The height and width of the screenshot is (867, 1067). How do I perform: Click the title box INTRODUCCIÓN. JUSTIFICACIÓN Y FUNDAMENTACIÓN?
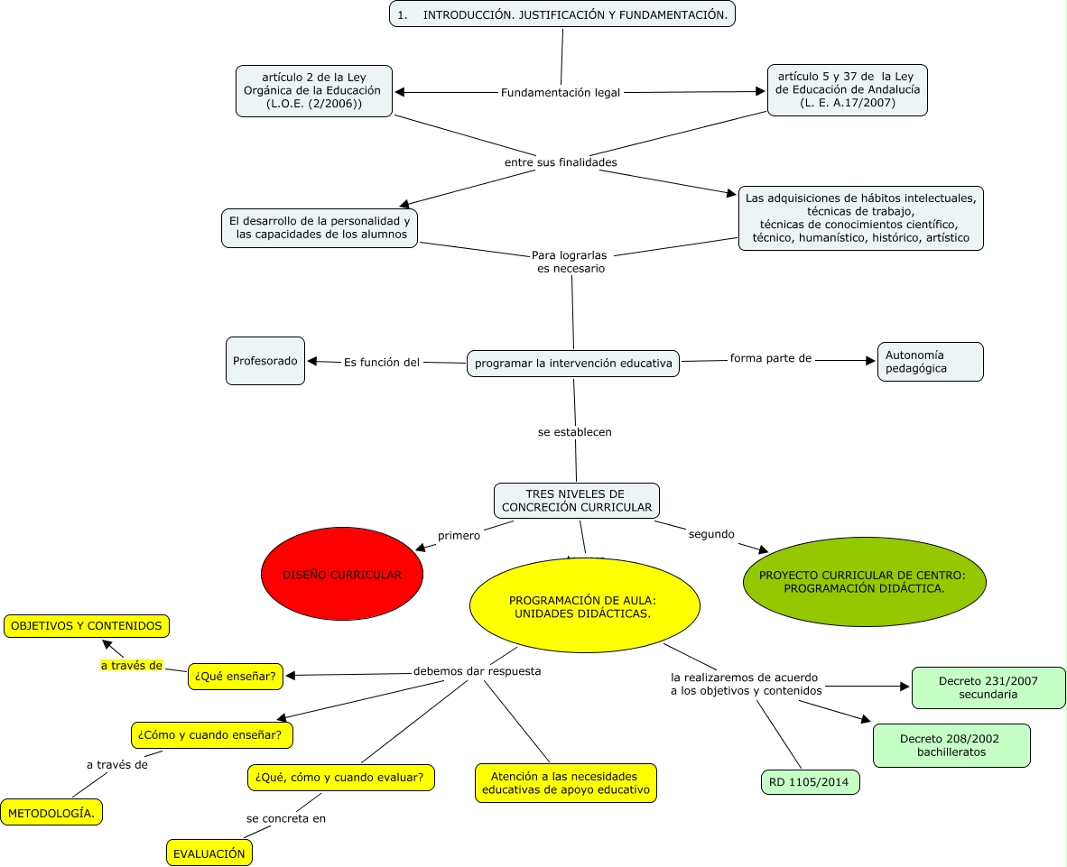(x=562, y=14)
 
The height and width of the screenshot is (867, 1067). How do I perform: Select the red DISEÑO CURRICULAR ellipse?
(x=342, y=575)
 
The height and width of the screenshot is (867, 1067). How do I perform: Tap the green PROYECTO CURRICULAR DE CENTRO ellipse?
(x=864, y=582)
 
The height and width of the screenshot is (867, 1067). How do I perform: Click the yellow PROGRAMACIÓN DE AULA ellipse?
(x=585, y=606)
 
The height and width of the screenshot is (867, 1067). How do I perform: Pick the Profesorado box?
(x=265, y=361)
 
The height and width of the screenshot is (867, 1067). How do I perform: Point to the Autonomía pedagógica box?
(x=930, y=362)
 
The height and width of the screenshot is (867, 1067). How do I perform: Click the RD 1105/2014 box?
(x=810, y=782)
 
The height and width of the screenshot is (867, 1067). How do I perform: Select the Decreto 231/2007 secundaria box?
(x=988, y=687)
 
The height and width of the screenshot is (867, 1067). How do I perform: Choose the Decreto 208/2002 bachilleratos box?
(x=951, y=745)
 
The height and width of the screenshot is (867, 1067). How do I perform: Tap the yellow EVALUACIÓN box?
(x=209, y=853)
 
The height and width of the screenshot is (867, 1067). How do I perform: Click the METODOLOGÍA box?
(x=51, y=813)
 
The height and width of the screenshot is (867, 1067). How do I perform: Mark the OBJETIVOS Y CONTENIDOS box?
(x=87, y=625)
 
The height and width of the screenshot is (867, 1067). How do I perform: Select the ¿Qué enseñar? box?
(x=235, y=676)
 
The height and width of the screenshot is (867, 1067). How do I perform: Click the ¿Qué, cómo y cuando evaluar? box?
(x=339, y=777)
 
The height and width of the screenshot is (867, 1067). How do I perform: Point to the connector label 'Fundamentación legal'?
(x=561, y=93)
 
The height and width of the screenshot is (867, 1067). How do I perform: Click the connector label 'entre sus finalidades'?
(x=561, y=162)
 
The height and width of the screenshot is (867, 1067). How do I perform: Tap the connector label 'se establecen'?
(x=575, y=432)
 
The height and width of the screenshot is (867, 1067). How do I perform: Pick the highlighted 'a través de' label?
(x=131, y=666)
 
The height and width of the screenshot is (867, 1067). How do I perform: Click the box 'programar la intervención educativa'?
(x=573, y=364)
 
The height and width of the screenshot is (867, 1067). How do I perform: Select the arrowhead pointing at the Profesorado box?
(x=312, y=361)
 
